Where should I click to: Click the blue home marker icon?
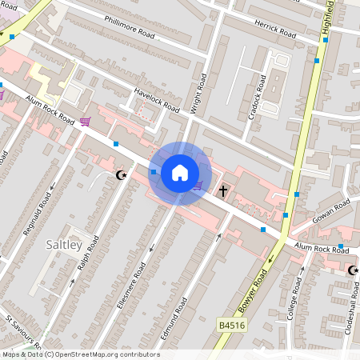coord(180,172)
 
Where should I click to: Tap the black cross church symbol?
coord(224,190)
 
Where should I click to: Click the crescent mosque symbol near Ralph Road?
coord(122,174)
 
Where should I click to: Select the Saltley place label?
coord(64,244)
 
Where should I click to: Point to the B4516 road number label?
coord(232,326)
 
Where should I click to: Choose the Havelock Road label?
coord(155,99)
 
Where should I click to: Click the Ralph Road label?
coord(88,253)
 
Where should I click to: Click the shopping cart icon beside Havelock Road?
coord(85,122)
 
